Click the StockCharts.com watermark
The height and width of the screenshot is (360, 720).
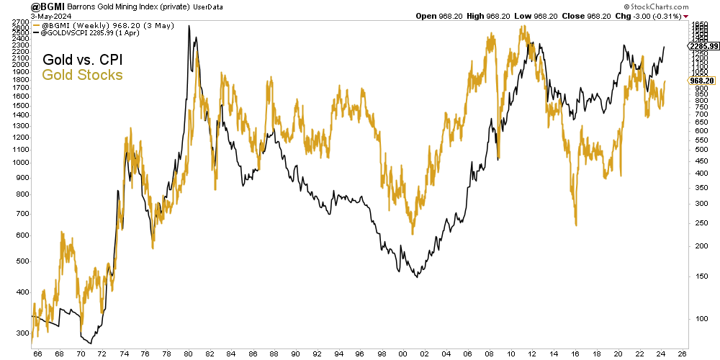(686, 6)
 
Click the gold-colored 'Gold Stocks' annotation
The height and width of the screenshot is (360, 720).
(83, 75)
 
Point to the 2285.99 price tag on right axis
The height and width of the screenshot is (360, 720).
(704, 46)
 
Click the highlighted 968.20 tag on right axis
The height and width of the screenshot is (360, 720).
(701, 81)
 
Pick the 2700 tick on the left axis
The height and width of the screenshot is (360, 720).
(20, 23)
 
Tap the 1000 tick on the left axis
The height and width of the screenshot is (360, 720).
(20, 163)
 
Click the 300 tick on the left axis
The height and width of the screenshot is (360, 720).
(22, 333)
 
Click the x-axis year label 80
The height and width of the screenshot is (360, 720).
(188, 353)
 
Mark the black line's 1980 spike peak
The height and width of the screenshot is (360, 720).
(189, 26)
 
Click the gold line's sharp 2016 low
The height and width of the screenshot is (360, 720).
(576, 225)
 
